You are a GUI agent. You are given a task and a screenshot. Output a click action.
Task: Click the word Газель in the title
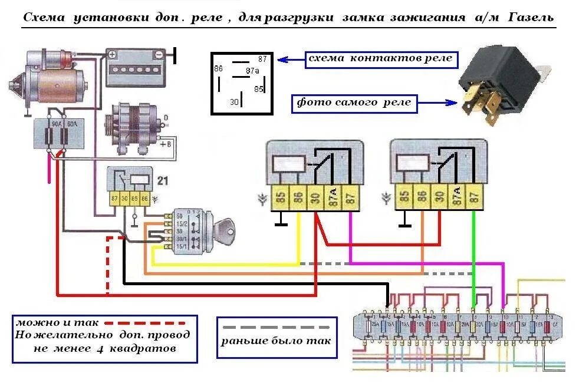click(x=526, y=17)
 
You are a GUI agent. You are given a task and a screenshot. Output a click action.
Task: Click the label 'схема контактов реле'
click(x=381, y=59)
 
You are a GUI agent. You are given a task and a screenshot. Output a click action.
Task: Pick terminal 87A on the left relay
click(x=333, y=196)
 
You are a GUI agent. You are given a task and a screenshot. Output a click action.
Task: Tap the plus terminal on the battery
click(x=112, y=54)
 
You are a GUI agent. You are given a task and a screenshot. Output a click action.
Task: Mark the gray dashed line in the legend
click(x=277, y=326)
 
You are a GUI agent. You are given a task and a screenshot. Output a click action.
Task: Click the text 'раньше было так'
click(x=276, y=341)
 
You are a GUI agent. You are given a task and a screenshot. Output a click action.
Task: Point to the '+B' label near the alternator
click(x=169, y=143)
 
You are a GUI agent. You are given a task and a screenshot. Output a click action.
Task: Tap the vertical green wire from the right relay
click(x=474, y=253)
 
